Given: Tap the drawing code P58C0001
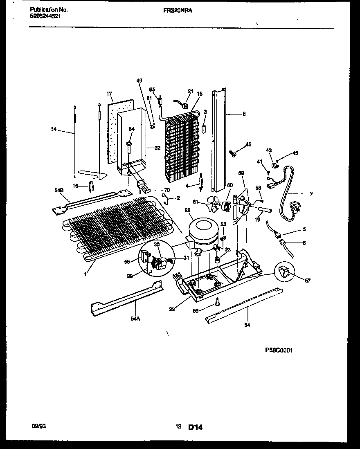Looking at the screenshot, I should coord(279,350).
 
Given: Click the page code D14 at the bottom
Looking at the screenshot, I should coord(195,427).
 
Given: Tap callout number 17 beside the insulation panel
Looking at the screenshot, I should coord(109,94).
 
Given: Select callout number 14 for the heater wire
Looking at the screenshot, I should coord(54,129).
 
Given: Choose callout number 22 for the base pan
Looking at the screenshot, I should coord(172,309).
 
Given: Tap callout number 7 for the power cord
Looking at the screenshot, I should coord(310,194).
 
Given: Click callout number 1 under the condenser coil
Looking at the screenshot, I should coord(85,274).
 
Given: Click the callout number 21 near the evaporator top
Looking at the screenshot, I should coord(190,91).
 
